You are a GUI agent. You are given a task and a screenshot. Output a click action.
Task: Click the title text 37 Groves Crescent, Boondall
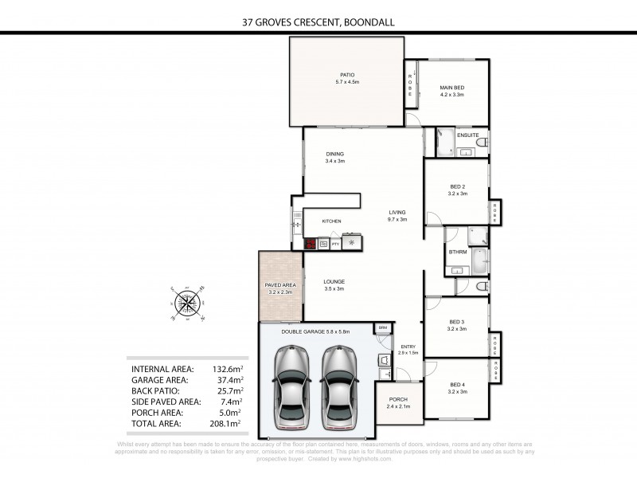click(318, 22)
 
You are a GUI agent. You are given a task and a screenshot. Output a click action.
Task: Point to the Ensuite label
click(468, 135)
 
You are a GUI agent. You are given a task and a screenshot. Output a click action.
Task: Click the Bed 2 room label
click(457, 189)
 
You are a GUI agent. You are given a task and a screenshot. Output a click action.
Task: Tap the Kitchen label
click(331, 221)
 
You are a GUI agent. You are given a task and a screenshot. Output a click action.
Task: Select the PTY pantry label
click(335, 245)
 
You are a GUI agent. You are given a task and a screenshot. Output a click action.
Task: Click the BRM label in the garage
click(383, 327)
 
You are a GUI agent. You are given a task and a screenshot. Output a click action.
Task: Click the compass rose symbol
click(189, 303)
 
